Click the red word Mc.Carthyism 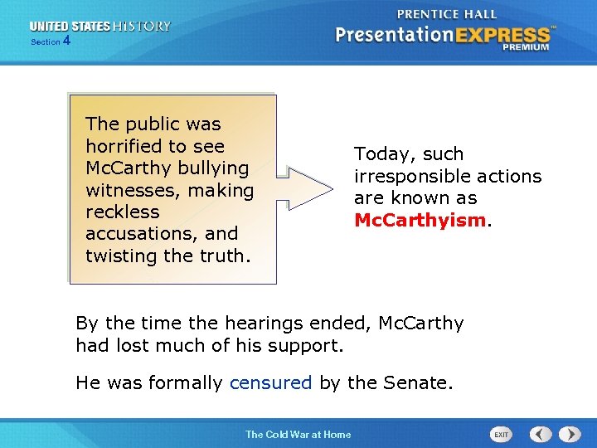pos(419,221)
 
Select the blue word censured pos(270,383)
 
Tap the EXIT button pos(502,434)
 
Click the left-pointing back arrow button pos(541,434)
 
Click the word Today pos(384,154)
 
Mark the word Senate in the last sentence pos(419,383)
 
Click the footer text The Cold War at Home pos(298,434)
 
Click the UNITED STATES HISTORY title pos(99,27)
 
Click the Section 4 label pos(51,41)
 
